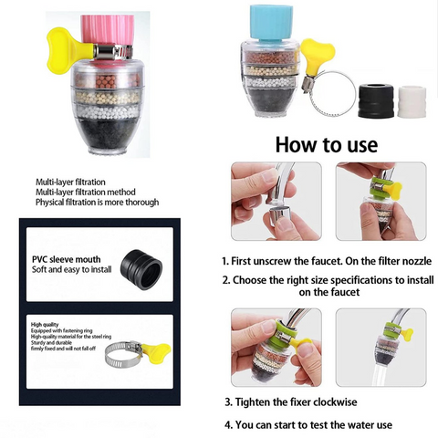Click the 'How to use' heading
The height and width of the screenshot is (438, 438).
tap(326, 144)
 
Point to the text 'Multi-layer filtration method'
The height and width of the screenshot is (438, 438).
tap(85, 192)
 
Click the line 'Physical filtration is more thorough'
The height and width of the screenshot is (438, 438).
tap(97, 202)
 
